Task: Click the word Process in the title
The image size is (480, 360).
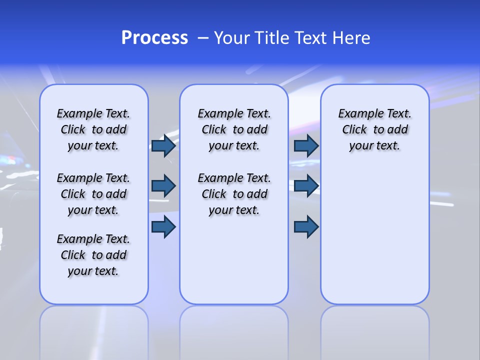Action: click(x=154, y=38)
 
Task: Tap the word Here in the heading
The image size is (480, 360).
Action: click(x=351, y=38)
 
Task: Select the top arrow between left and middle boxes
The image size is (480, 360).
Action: click(x=163, y=146)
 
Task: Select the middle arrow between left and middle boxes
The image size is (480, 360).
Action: click(x=163, y=186)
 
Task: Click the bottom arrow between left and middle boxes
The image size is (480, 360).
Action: click(x=163, y=227)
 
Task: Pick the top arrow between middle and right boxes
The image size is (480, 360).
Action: click(x=306, y=146)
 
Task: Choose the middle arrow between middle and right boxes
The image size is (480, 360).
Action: click(x=306, y=186)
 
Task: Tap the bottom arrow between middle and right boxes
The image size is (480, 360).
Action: click(x=306, y=227)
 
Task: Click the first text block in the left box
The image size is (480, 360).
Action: click(x=93, y=129)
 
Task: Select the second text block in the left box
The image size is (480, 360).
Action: click(x=93, y=194)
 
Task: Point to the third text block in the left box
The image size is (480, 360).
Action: click(x=93, y=255)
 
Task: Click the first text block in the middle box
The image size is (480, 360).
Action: click(x=234, y=129)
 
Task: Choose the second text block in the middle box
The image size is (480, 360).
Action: click(x=234, y=194)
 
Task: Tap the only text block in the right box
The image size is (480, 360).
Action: click(x=374, y=129)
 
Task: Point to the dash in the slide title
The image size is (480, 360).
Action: click(x=202, y=38)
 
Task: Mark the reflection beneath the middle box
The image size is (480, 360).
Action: click(x=234, y=330)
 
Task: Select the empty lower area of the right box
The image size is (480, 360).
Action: click(x=374, y=235)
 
